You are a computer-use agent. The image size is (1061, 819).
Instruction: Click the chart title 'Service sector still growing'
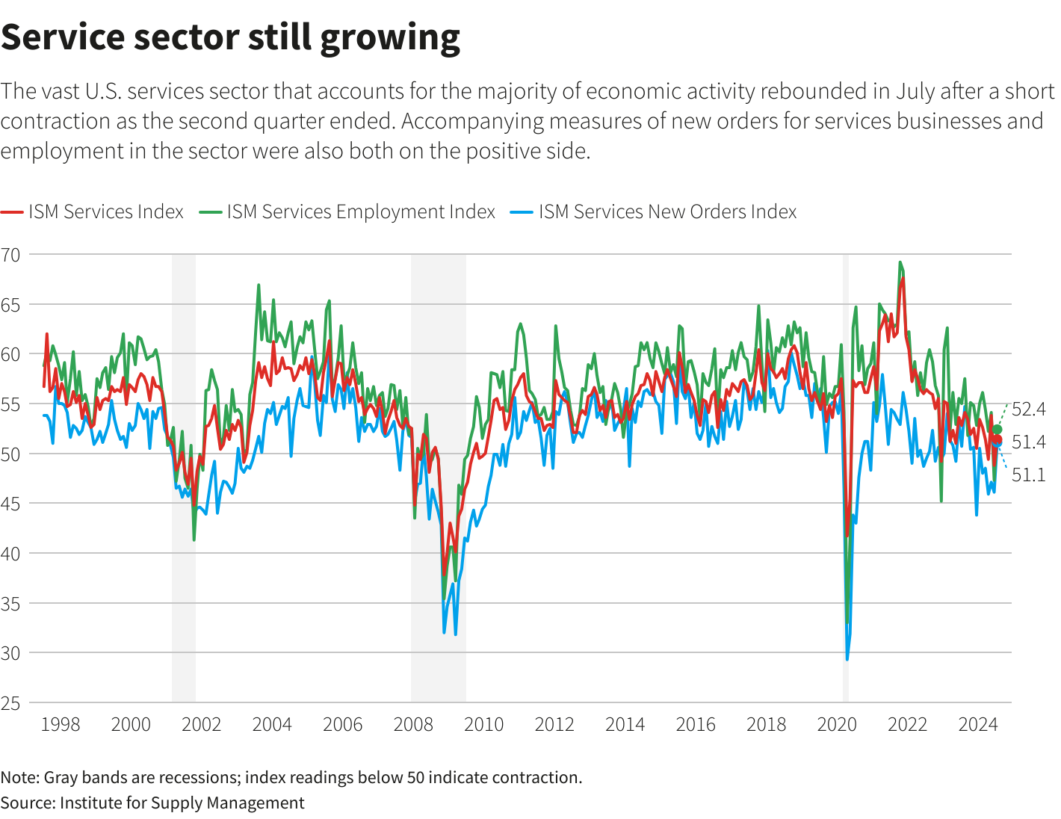230,37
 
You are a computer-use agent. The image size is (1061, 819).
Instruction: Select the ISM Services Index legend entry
105,212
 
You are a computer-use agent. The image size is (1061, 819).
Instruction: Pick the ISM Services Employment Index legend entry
360,212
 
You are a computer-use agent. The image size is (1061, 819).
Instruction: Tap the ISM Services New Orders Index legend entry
666,212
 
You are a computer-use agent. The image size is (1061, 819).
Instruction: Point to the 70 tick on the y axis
10,255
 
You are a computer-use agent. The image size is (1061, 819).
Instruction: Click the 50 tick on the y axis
10,454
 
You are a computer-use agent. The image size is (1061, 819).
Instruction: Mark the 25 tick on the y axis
10,702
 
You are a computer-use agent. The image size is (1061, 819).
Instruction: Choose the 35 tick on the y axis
10,603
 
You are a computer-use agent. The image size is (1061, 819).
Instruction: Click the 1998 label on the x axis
60,724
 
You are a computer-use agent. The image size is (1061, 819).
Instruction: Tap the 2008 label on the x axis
413,724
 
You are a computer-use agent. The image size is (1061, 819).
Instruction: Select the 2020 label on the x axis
837,724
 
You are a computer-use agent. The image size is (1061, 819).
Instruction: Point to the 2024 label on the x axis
978,724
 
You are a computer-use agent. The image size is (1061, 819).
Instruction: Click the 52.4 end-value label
1029,409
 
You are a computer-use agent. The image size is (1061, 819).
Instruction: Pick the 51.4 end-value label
1029,442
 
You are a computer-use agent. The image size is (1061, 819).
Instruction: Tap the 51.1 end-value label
1029,475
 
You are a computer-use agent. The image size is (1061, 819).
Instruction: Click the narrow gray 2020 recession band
846,478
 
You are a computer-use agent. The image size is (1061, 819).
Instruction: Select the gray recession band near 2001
184,478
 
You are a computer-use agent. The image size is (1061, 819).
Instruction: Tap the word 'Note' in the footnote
19,777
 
